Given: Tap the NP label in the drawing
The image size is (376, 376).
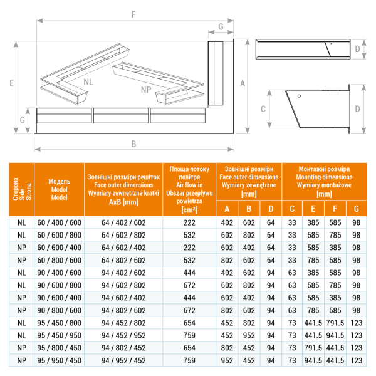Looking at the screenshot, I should coord(146,90).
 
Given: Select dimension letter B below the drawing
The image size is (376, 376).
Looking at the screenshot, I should coord(133,144).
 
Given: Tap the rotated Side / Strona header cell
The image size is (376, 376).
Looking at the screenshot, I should coord(22,189).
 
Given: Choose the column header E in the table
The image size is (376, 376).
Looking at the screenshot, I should coord(313,209).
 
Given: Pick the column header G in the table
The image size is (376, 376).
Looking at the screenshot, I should coord(356,209).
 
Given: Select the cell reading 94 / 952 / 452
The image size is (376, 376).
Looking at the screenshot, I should coord(123,360).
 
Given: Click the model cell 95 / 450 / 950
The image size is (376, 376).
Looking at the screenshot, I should coord(60,335).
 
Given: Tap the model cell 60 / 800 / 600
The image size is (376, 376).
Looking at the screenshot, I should coord(60,259).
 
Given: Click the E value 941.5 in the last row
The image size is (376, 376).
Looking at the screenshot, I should coord(313,360).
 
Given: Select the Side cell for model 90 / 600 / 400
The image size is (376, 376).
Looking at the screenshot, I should coord(22,297).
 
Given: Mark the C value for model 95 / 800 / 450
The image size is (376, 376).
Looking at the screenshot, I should coord(291,347).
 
